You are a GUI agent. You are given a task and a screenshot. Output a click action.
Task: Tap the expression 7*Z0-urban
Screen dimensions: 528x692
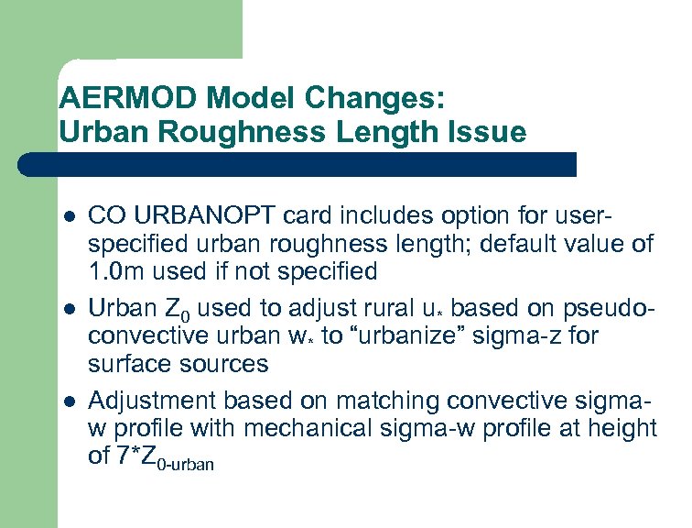[164, 457]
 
